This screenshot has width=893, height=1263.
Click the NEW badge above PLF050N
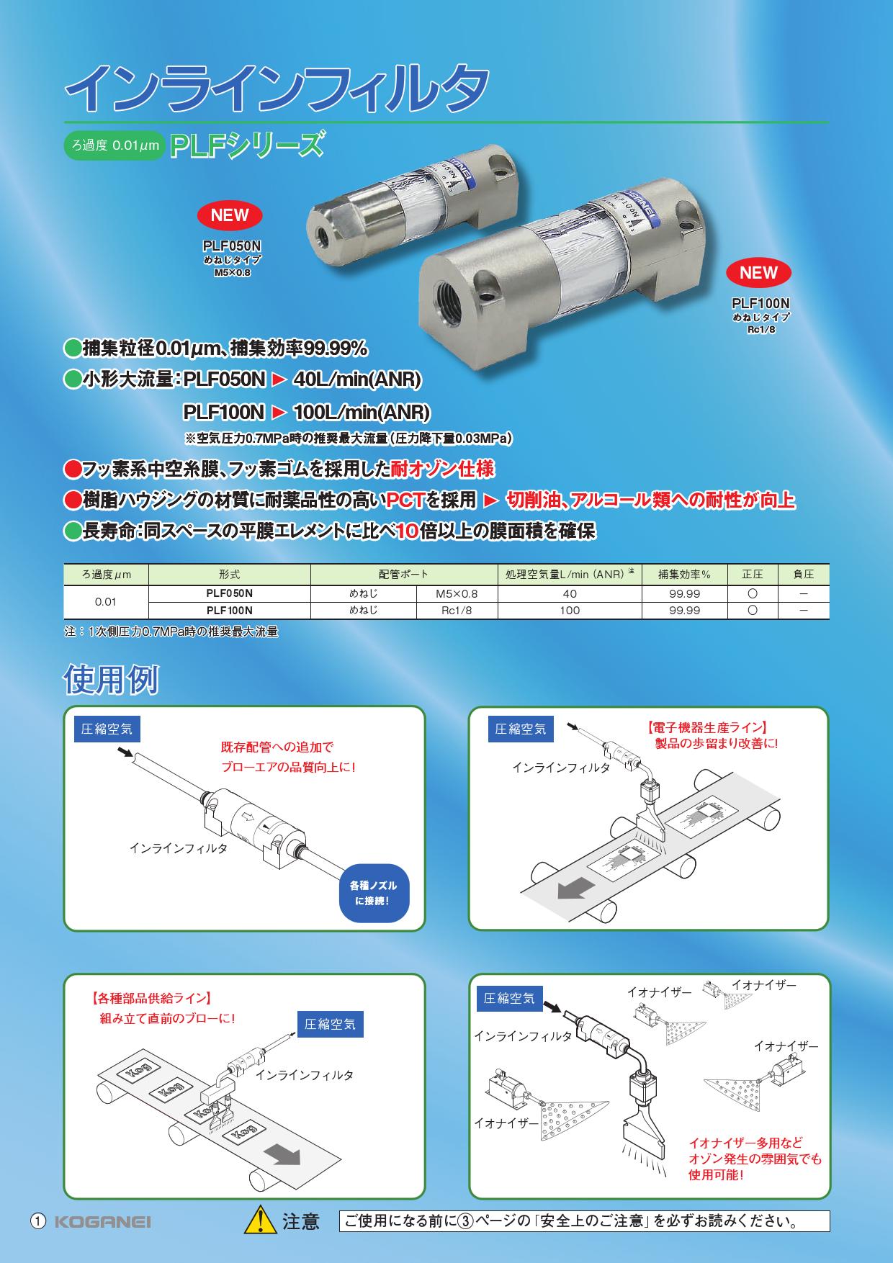230,215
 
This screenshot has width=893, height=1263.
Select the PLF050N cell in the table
230,594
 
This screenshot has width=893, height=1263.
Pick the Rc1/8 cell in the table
457,611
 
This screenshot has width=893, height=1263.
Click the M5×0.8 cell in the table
457,594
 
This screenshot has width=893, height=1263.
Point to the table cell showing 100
569,611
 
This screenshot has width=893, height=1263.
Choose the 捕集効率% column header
684,575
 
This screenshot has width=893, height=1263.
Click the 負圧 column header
803,575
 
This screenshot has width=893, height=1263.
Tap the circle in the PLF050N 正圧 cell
753,594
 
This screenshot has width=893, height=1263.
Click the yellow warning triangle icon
261,1221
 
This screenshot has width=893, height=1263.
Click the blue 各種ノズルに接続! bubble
373,893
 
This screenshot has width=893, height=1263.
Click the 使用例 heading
111,679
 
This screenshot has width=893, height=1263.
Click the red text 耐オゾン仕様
442,469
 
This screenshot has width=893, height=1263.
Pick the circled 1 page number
38,1221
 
